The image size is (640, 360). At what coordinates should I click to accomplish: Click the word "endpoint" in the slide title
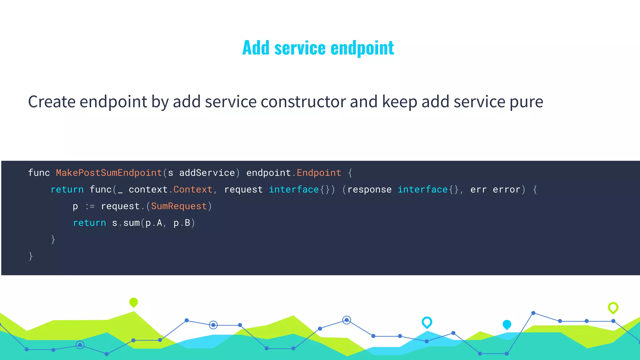(362, 48)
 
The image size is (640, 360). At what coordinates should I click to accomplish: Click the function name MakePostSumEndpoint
(109, 173)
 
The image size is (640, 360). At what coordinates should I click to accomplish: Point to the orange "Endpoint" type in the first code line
(319, 173)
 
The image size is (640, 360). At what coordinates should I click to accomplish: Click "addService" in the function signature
(207, 173)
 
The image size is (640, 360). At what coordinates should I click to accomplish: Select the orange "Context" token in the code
(193, 189)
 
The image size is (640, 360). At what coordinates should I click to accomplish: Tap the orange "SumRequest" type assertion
(179, 206)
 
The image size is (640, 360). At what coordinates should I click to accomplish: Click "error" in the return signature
(507, 189)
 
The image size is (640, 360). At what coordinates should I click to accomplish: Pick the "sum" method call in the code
(131, 223)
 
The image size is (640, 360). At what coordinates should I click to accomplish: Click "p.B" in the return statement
(182, 223)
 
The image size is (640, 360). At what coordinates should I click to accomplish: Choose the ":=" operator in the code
(90, 206)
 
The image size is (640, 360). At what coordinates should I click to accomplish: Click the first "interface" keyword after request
(294, 189)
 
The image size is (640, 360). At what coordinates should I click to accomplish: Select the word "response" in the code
(369, 189)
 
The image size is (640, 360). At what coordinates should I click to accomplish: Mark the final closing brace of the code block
(31, 256)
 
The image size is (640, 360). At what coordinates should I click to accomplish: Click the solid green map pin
(133, 302)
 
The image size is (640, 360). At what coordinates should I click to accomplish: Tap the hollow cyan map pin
(427, 322)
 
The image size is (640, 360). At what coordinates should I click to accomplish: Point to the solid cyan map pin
(507, 324)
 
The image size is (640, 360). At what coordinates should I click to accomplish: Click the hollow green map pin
(613, 307)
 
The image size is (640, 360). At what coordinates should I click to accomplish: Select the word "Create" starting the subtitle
(52, 102)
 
